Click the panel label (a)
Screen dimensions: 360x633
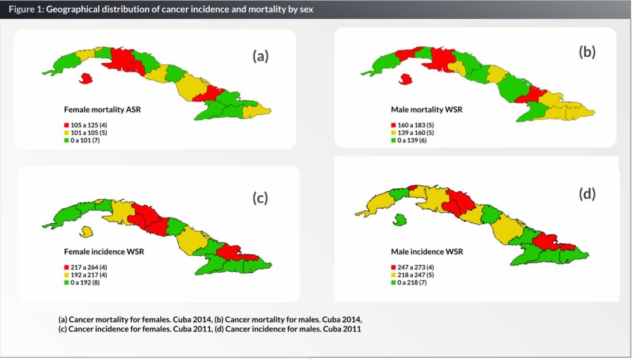coord(260,56)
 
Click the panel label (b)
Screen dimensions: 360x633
coord(587,52)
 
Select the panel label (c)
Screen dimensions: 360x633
coord(260,198)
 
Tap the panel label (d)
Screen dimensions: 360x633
coord(587,194)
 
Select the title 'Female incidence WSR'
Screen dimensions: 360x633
coord(104,252)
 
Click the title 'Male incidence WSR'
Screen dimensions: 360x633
coord(427,252)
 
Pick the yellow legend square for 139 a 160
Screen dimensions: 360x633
coord(393,133)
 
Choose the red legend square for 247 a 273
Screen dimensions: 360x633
coord(393,267)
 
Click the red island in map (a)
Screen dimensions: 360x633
coord(86,78)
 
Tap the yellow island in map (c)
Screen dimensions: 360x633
coord(86,232)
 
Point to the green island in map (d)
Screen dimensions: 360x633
coord(401,220)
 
